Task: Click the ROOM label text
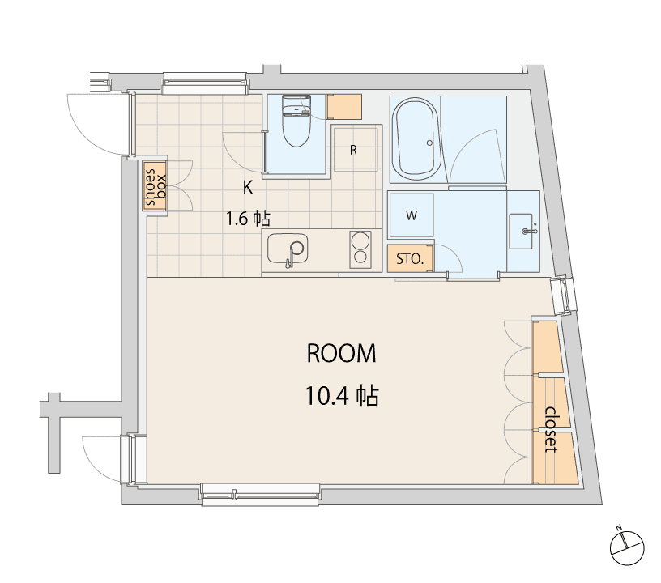(341, 354)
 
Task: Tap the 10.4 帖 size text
(342, 397)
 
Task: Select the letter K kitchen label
(248, 188)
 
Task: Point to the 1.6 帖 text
(247, 218)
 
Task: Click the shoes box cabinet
(155, 187)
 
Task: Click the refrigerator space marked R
(355, 149)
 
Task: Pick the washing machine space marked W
(411, 216)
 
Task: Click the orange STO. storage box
(410, 259)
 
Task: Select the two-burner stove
(360, 249)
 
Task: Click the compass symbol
(626, 543)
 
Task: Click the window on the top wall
(203, 81)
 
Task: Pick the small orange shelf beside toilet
(345, 106)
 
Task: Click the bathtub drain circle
(428, 143)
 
